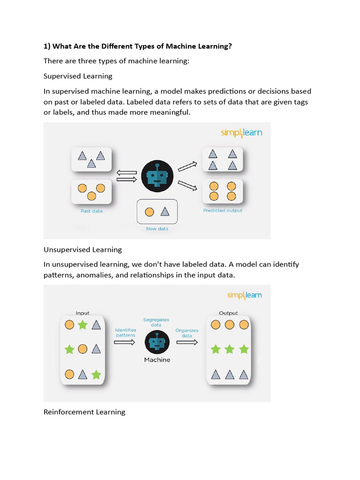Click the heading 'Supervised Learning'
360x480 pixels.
tap(78, 76)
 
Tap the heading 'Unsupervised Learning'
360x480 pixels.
tap(82, 249)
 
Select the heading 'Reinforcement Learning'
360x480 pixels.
tap(84, 412)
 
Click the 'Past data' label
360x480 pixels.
tap(91, 211)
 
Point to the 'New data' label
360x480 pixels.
tap(157, 229)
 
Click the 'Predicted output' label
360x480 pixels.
tap(223, 210)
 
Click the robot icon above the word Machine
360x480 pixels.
tap(157, 342)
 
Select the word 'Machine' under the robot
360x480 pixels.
tap(157, 360)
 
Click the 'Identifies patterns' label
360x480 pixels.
tap(125, 332)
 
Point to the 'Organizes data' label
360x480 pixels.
tap(187, 333)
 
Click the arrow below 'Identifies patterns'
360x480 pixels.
tap(125, 342)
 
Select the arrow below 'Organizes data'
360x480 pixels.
tap(187, 342)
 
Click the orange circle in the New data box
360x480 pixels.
tap(150, 212)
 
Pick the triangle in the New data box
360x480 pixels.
tap(165, 212)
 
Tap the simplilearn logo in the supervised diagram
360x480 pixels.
tap(241, 133)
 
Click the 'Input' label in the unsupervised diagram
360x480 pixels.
tap(82, 313)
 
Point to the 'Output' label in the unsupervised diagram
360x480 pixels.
tap(228, 313)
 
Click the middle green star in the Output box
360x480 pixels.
tap(229, 349)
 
